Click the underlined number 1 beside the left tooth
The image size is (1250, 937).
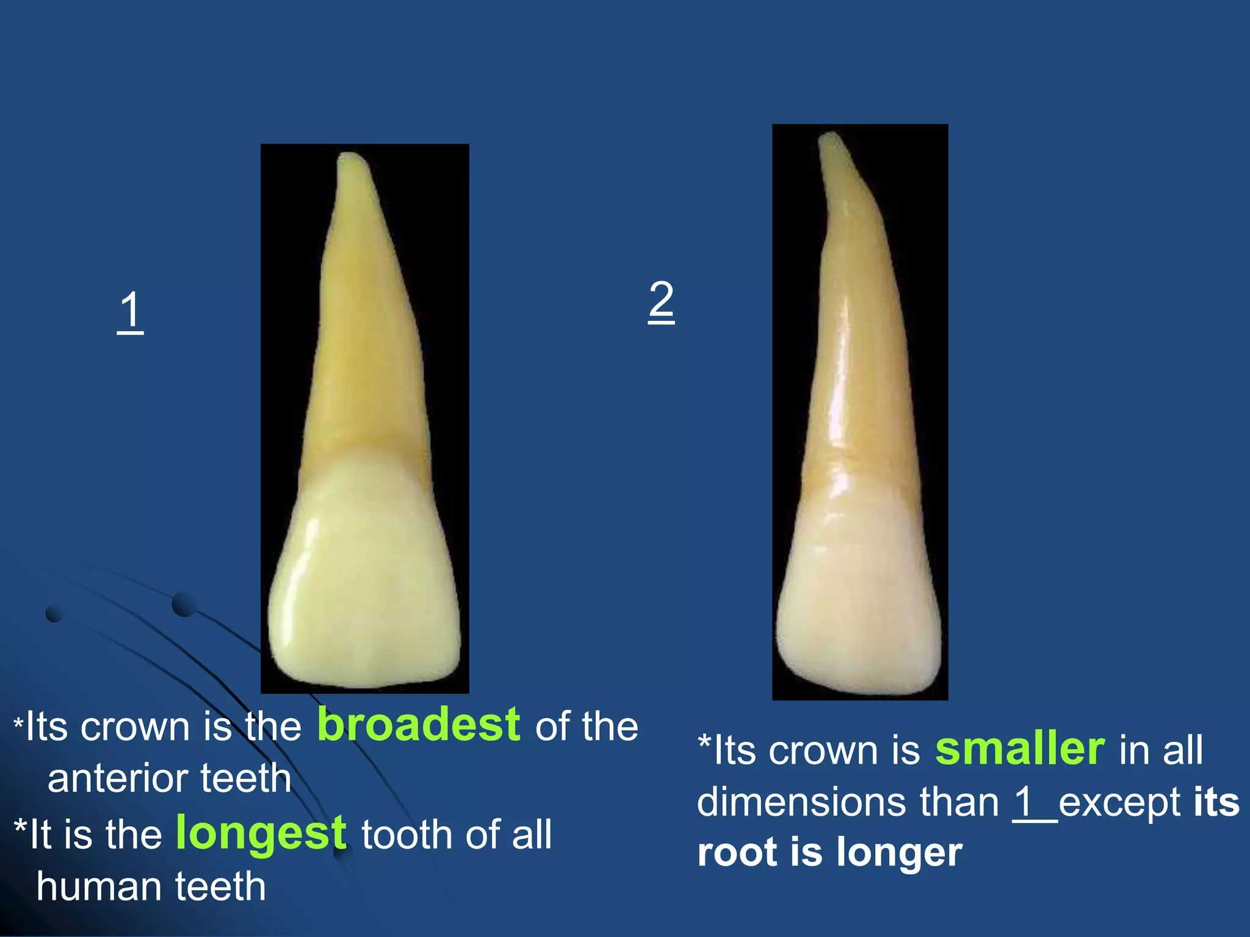coord(130,311)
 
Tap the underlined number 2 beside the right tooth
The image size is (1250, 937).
coord(661,300)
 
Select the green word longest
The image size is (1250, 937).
coord(261,833)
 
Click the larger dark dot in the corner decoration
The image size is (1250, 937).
coord(183,604)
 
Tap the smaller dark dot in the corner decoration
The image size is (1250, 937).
coord(54,613)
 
